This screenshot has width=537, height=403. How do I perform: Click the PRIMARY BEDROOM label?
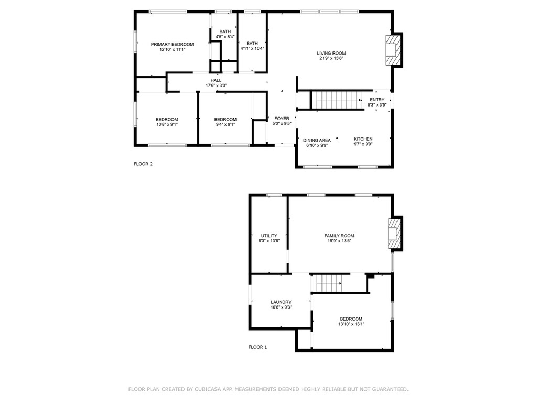172,44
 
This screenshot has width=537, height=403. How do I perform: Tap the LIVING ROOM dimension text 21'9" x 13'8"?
331,58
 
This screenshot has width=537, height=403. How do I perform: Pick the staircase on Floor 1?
328,283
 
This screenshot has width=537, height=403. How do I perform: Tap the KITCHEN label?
363,139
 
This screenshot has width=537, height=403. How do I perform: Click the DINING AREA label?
317,140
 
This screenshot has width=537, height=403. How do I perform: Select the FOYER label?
282,119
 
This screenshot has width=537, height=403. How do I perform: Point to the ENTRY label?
377,100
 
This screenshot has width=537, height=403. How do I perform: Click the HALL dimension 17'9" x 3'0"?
216,86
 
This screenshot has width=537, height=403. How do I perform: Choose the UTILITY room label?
269,236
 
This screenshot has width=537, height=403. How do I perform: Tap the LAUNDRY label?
281,302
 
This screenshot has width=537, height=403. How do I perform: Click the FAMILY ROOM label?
339,236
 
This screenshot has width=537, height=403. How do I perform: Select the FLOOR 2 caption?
143,164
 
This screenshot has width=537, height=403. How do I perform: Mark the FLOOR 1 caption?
257,347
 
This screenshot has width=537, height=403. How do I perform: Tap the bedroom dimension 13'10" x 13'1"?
351,324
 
